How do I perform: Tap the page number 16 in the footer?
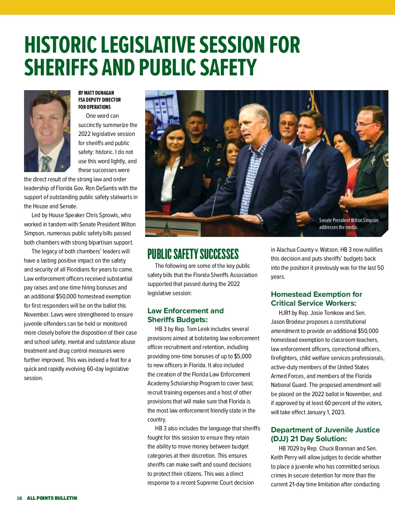pyautogui.click(x=19, y=498)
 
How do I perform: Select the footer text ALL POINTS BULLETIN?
pyautogui.click(x=52, y=498)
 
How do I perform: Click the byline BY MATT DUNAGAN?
pyautogui.click(x=96, y=93)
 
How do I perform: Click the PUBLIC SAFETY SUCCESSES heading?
pyautogui.click(x=193, y=254)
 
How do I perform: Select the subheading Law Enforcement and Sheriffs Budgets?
pyautogui.click(x=185, y=315)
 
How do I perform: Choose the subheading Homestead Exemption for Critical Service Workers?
pyautogui.click(x=316, y=299)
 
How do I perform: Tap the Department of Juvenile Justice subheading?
pyautogui.click(x=325, y=434)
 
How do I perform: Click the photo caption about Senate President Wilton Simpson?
pyautogui.click(x=349, y=224)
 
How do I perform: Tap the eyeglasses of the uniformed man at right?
pyautogui.click(x=365, y=124)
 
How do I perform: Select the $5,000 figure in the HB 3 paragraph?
pyautogui.click(x=243, y=356)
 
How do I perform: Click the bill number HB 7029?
pyautogui.click(x=289, y=448)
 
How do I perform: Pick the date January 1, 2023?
pyautogui.click(x=326, y=412)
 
